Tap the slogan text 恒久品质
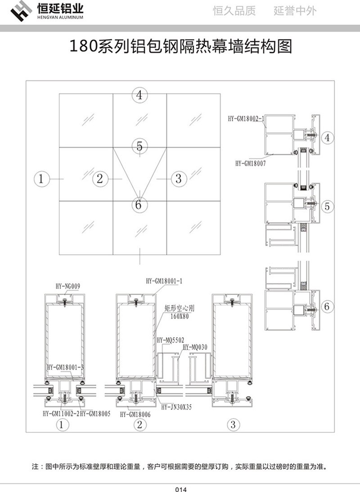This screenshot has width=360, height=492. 234,11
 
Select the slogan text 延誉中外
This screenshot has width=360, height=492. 295,11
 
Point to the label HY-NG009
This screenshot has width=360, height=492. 67,285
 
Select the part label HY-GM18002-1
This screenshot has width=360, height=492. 246,118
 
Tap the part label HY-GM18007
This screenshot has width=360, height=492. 250,164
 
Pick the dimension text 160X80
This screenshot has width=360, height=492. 175,316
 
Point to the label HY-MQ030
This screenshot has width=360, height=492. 195,347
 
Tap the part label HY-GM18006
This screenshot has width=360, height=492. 135,414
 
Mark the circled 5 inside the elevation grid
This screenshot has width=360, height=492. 139,146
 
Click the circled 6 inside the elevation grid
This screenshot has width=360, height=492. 138,205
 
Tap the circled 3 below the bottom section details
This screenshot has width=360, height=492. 233,424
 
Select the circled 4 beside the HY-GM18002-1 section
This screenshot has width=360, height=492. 327,138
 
